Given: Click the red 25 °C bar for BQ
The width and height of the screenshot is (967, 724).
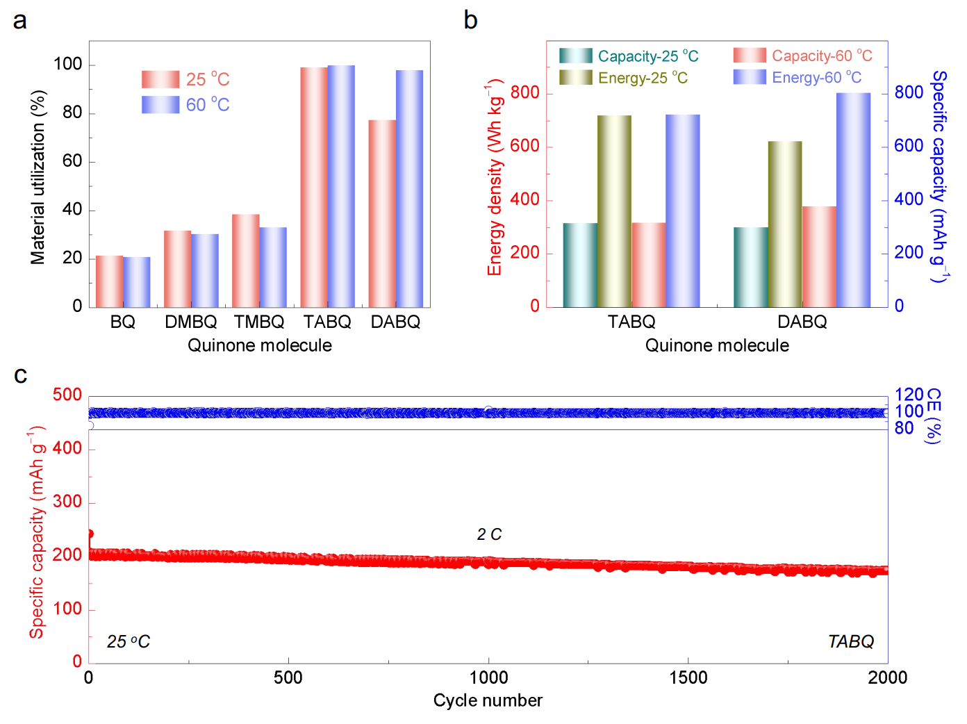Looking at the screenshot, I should (x=109, y=281).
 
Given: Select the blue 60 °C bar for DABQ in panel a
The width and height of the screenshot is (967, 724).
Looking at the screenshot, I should (x=409, y=188).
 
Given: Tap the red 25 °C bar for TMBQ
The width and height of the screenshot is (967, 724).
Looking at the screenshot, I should (x=246, y=261).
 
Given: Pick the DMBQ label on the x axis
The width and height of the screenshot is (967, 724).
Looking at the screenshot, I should (x=191, y=322).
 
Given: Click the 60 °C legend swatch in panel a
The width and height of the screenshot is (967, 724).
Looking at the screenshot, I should (x=160, y=105).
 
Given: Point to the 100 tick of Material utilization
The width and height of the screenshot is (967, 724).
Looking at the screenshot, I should (x=68, y=65).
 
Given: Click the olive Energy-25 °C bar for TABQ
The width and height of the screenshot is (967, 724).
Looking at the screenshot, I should (x=614, y=211).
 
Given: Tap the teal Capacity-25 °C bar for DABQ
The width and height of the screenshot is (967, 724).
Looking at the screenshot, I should (x=751, y=267).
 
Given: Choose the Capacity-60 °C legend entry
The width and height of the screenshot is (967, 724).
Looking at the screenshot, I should (x=802, y=56).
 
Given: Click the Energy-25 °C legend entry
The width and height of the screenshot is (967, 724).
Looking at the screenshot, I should (x=624, y=78).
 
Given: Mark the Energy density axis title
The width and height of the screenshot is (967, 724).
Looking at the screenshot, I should (x=495, y=178).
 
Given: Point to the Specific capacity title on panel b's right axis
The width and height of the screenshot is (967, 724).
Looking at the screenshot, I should (x=939, y=176).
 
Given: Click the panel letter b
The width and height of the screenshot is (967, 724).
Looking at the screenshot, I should (x=470, y=20).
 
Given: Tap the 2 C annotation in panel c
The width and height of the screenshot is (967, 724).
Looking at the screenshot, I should (x=489, y=534).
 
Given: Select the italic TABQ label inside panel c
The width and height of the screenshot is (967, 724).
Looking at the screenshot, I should (x=850, y=641).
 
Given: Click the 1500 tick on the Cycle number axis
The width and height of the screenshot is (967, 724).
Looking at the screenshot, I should (x=688, y=678).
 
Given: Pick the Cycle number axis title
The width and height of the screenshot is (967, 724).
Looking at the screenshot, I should (x=488, y=700).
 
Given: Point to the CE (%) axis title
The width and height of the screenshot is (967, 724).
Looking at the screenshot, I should (x=933, y=416).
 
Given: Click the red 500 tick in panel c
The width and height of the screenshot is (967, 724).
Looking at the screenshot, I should (x=67, y=395).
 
